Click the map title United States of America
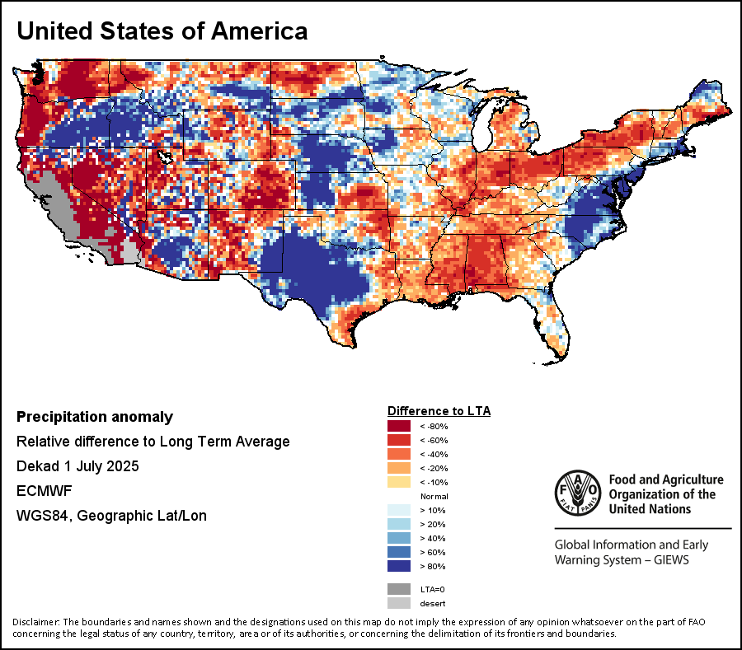click(162, 31)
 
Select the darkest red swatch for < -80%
click(398, 426)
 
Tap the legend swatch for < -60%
click(398, 440)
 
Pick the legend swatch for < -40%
click(398, 454)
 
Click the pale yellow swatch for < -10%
click(398, 482)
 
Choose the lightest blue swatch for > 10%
click(398, 511)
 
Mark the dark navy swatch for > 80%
click(398, 567)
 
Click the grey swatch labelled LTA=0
click(398, 589)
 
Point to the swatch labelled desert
click(398, 603)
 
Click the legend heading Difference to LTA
click(439, 410)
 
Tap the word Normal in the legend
click(434, 497)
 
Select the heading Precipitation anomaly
click(95, 417)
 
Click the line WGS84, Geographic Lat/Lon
click(111, 516)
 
